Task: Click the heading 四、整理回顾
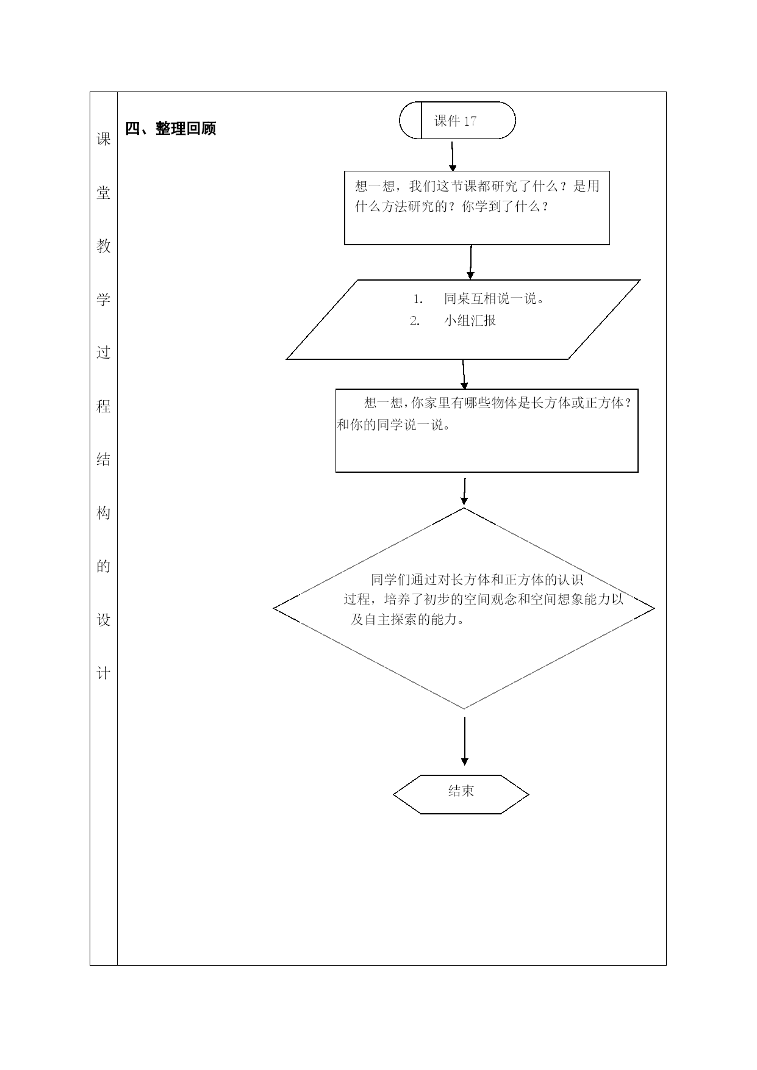[x=171, y=129]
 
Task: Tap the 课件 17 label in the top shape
[x=455, y=121]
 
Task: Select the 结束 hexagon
[x=461, y=794]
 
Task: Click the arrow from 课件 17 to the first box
[x=452, y=157]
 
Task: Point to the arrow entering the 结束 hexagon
[x=465, y=741]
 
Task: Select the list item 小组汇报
[x=470, y=321]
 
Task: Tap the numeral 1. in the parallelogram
[x=418, y=299]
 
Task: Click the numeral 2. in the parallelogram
[x=415, y=321]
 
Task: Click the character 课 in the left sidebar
[x=104, y=139]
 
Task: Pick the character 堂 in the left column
[x=104, y=193]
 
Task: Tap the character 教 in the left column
[x=104, y=246]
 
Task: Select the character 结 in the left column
[x=104, y=459]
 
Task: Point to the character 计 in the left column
[x=104, y=673]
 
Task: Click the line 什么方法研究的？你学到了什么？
[x=452, y=206]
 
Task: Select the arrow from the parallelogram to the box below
[x=464, y=375]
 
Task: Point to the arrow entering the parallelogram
[x=470, y=262]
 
